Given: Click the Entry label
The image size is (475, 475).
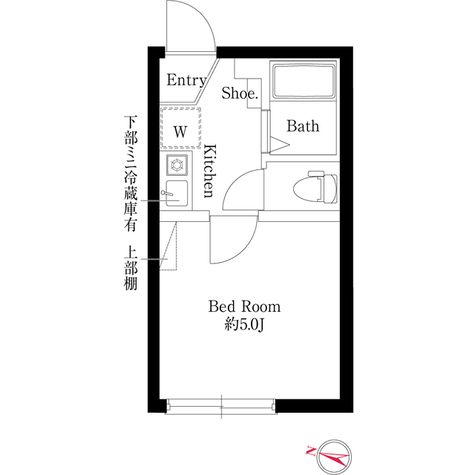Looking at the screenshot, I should [186, 80].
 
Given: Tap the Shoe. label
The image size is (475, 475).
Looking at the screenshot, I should [240, 94].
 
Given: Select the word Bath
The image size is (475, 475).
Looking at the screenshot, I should [303, 126].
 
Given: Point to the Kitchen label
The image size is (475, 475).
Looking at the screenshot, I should [209, 171].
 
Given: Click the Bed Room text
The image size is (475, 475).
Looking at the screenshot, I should [244, 307].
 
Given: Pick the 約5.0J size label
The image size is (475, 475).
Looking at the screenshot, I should [244, 324].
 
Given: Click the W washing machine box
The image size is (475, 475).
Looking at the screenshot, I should [180, 131].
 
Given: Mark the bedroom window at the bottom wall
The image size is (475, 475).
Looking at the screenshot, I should [221, 405].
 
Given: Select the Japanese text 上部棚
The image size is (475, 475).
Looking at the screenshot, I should [131, 268].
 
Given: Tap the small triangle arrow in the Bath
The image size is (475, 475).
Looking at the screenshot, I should [278, 141].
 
